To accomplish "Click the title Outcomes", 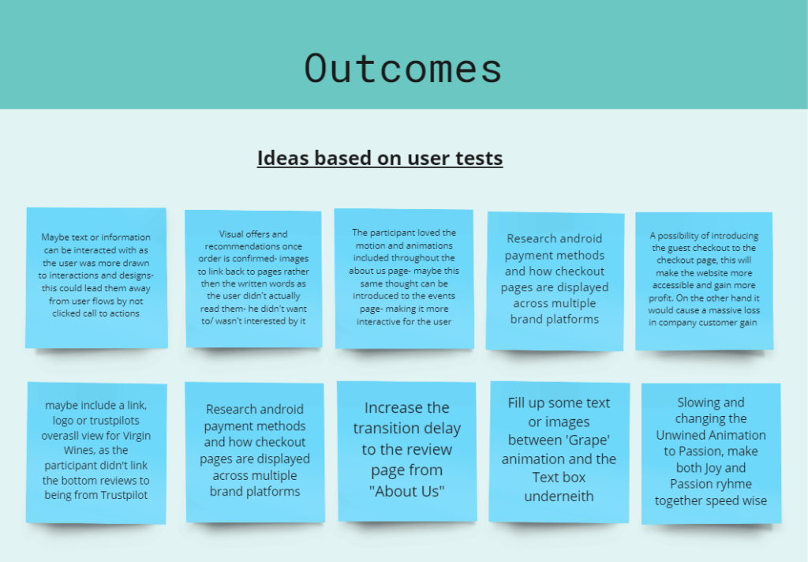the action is point(403,69).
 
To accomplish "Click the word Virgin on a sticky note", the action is point(137,436).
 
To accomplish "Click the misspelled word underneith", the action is point(559,496).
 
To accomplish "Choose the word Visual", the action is point(231,234).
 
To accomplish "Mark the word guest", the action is point(679,248).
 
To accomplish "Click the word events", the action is point(441,296).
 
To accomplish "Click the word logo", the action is point(63,421).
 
